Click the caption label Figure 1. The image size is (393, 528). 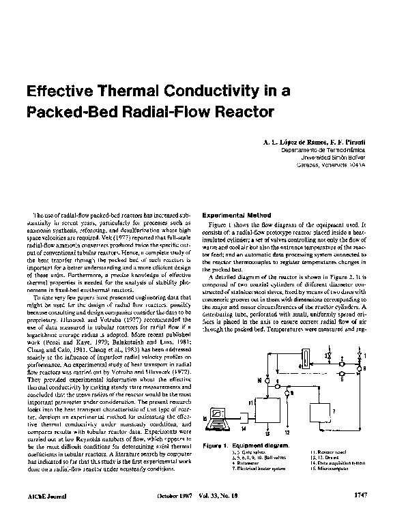pos(214,445)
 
